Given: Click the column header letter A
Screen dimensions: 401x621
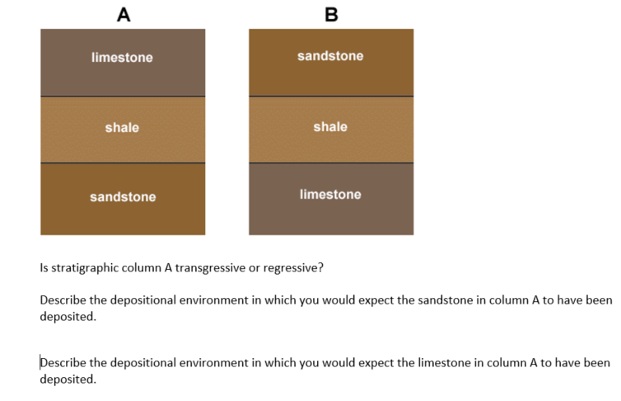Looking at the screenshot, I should click(123, 14).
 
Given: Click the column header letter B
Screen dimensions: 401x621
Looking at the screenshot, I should click(331, 14).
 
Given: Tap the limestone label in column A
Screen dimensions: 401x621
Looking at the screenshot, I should click(122, 58).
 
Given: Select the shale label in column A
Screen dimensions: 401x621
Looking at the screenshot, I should click(122, 128).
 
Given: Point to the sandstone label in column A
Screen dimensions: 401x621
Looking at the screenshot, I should click(123, 197).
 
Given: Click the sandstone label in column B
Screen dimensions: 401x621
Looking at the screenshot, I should click(330, 56).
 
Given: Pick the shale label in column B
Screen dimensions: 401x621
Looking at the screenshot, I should click(330, 127).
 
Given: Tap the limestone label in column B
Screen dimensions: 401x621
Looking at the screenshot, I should click(330, 195).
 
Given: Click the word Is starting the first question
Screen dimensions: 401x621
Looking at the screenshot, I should click(44, 268).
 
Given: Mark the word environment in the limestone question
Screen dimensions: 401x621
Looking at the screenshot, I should click(216, 363).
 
